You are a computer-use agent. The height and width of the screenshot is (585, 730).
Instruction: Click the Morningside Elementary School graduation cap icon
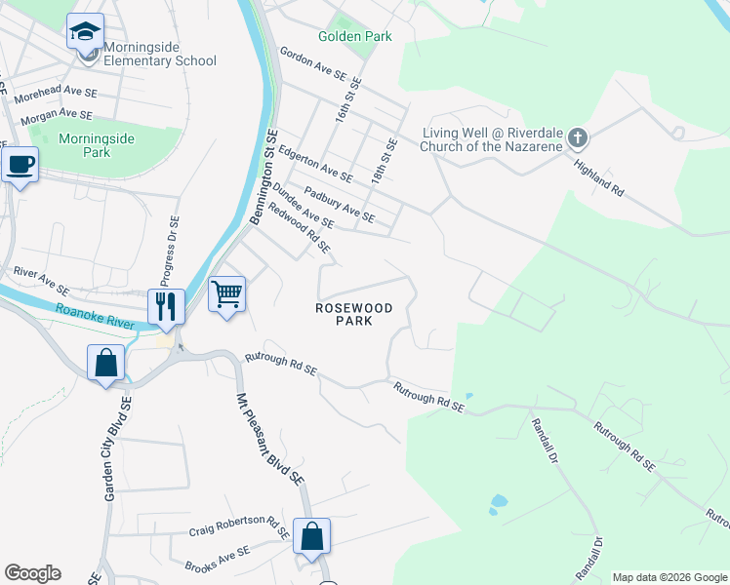coord(86,31)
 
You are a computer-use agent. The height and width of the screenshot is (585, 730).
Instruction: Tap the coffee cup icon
coord(20,164)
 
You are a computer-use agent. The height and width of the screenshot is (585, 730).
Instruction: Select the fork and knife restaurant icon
coord(166,306)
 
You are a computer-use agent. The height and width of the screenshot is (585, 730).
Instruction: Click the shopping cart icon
coord(226,292)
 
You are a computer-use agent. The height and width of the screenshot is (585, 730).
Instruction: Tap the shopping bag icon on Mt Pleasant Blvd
coord(311,535)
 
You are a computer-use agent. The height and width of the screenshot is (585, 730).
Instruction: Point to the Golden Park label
coord(355,37)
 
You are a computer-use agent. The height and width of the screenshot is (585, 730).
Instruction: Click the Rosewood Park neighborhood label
coord(353,314)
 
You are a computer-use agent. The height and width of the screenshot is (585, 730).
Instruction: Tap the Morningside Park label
coord(97,146)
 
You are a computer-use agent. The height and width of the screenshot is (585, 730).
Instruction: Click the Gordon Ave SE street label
coord(313,60)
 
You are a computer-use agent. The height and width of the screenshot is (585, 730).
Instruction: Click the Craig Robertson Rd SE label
coord(240,526)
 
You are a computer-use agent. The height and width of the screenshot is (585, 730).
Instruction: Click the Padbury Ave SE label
coord(340,203)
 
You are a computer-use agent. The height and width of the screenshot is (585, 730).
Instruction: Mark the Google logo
coord(32,573)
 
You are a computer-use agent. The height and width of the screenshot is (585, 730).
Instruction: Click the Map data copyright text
coord(668,577)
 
